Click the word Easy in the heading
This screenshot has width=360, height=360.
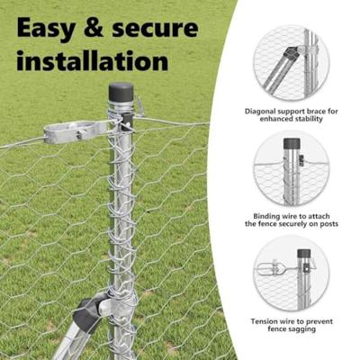click(x=46, y=29)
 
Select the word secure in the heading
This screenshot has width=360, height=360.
click(x=156, y=29)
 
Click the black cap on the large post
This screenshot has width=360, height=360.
click(x=121, y=93)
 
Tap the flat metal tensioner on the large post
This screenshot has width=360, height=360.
click(x=75, y=131)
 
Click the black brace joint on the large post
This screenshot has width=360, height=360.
click(x=89, y=311)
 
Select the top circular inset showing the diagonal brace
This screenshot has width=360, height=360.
click(x=291, y=62)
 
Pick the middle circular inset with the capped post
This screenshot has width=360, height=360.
click(x=292, y=168)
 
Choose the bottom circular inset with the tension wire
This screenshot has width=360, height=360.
click(x=292, y=274)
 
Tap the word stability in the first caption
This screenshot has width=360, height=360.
click(x=309, y=119)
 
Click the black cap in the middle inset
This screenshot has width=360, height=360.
click(x=292, y=144)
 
